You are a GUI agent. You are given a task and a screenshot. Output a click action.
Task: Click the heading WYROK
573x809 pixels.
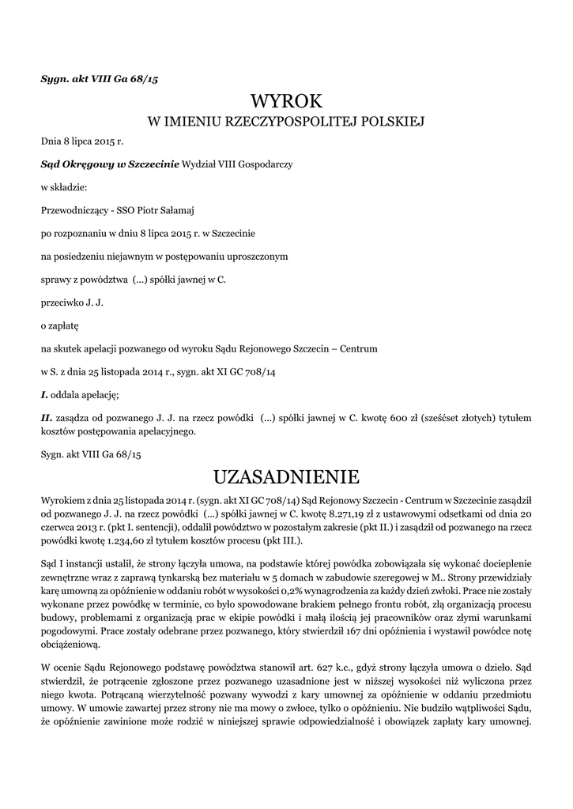[286, 101]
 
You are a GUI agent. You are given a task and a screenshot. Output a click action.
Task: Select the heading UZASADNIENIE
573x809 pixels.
[286, 477]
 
